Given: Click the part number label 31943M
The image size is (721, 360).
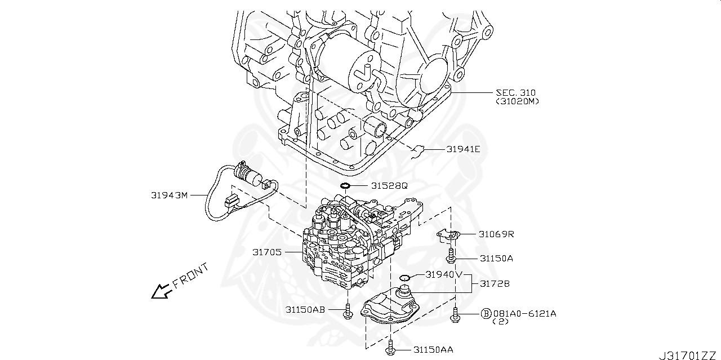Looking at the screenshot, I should coord(168,195).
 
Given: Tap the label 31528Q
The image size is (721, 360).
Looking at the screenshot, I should coord(389,185).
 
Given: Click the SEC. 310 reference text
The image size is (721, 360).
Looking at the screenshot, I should coord(515,92).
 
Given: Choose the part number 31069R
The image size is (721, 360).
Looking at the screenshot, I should coord(496,233).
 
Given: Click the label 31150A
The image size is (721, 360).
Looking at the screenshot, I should coord(496,258).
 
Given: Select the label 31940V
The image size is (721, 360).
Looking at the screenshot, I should coord(444,274).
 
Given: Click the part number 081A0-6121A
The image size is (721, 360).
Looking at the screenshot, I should coord(524,313).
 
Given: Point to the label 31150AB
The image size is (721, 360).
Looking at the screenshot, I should coord(305,309).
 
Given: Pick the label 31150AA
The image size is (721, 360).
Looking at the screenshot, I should coord(433,350).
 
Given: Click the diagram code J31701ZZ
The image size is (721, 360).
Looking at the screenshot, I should coord(688,355).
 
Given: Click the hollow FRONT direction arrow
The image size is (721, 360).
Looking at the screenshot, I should coord(161,291).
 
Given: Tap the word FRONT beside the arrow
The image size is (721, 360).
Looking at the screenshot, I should coord(190,275).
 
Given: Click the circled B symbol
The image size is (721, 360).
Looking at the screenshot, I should coord(486,313).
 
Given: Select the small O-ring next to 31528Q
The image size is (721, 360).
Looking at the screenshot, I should coord(346,185).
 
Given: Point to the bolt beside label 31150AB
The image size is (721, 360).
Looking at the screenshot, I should coord(348,310).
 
